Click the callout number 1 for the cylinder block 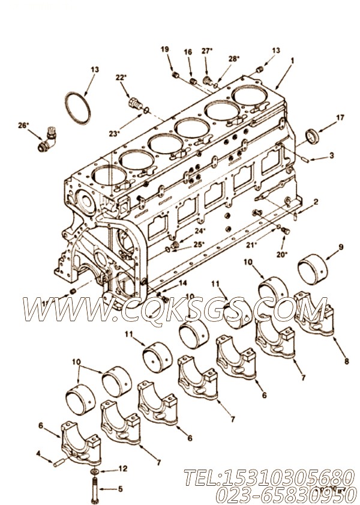(292, 60)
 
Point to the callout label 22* (121, 77)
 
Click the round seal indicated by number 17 (313, 136)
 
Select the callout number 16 (188, 53)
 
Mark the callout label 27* (207, 52)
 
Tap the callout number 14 (182, 283)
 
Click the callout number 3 (332, 155)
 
